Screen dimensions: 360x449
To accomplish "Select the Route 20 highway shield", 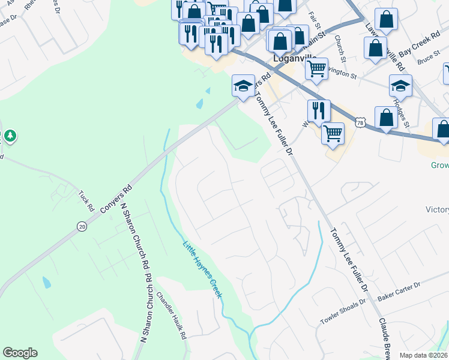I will pos(82,226).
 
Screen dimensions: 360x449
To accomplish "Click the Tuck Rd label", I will pos(87,201).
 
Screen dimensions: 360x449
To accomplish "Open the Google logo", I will pos(20,353).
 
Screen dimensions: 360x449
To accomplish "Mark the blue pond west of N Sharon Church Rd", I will pos(47,282).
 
